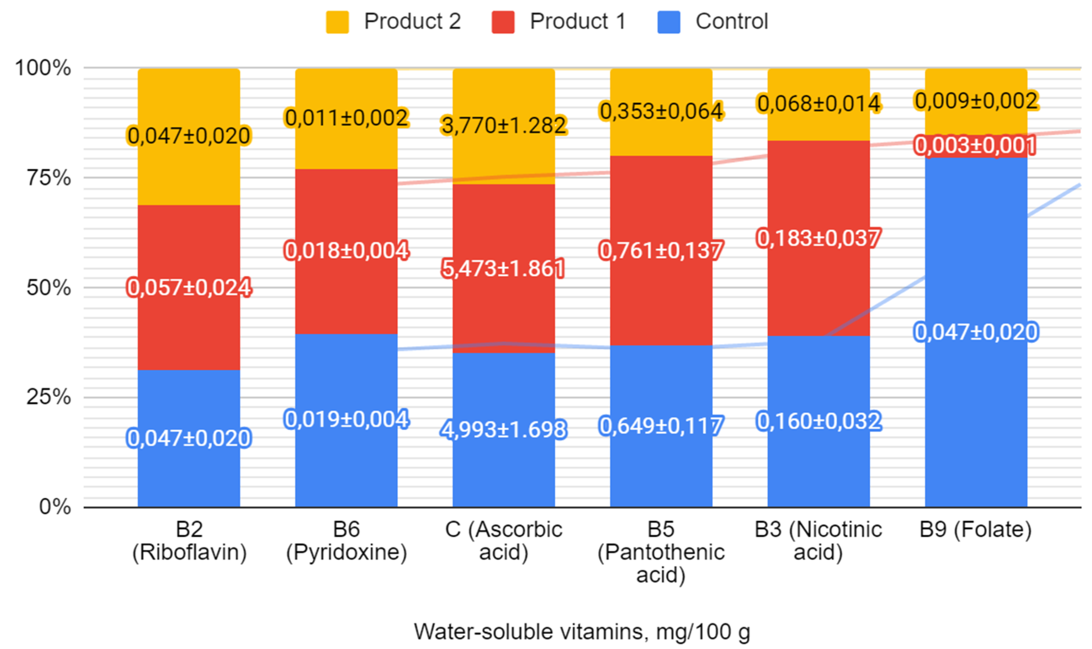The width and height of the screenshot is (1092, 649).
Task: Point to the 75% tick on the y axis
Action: point(48,177)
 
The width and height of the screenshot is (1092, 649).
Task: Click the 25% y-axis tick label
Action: point(48,397)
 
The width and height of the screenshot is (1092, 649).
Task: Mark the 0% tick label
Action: point(55,507)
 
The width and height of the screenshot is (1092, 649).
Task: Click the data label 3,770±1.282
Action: point(504,126)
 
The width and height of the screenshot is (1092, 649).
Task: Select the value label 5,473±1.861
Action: point(503,268)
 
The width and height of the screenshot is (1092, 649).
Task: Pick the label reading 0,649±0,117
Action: point(661,426)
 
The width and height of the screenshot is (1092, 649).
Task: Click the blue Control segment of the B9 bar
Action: point(976,332)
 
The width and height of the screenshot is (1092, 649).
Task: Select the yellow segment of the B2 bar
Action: point(189,137)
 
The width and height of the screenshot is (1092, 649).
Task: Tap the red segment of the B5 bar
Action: point(661,251)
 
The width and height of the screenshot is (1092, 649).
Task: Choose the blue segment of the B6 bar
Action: point(346,421)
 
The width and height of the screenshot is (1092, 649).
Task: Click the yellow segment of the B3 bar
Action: point(818,105)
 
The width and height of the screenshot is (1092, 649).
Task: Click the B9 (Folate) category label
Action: point(976,529)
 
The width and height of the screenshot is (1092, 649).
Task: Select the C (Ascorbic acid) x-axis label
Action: point(503,541)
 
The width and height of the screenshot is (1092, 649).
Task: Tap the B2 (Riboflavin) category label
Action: point(189,541)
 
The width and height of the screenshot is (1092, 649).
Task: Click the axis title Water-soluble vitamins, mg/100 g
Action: point(582,631)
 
